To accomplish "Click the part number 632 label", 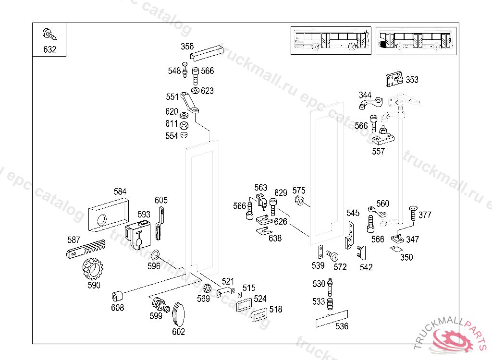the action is tap(49, 49).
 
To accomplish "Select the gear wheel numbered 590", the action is tap(93, 269).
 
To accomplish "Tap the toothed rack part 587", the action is tap(86, 249).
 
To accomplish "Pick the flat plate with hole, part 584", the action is tap(109, 215).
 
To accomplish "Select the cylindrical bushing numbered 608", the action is tap(117, 296).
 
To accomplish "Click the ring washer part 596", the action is tap(155, 255).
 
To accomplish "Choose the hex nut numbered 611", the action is tap(184, 125).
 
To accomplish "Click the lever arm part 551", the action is tap(190, 103).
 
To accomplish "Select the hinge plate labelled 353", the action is tap(394, 79).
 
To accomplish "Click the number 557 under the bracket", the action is tap(378, 152).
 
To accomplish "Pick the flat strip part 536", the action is tap(332, 319).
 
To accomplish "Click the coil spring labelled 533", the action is tap(330, 304).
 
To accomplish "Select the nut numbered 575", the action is tap(299, 200).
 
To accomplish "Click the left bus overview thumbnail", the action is tap(331, 41).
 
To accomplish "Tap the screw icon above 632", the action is tap(49, 34).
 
